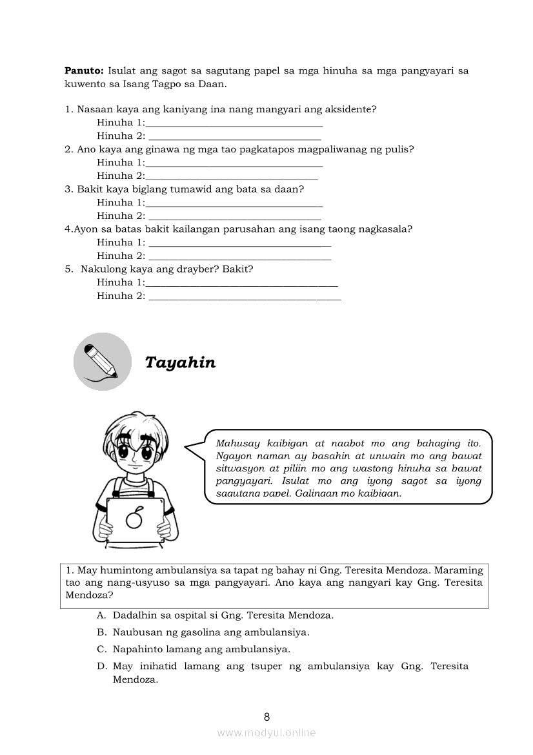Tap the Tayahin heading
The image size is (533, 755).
coord(180,362)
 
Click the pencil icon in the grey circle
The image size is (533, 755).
coord(102,361)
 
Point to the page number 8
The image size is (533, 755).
coord(266,716)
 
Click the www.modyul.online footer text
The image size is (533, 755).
coord(266,732)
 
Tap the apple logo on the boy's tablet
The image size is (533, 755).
coord(134,518)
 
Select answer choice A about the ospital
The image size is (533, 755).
coord(223,615)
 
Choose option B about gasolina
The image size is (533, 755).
coord(210,632)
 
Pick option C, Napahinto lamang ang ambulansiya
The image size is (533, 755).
coord(201,649)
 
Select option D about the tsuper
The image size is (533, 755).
coord(290,666)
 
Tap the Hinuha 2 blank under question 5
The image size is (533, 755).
coord(245,296)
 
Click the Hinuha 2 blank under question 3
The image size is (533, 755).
coord(234,216)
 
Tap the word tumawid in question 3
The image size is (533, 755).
coord(194,189)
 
